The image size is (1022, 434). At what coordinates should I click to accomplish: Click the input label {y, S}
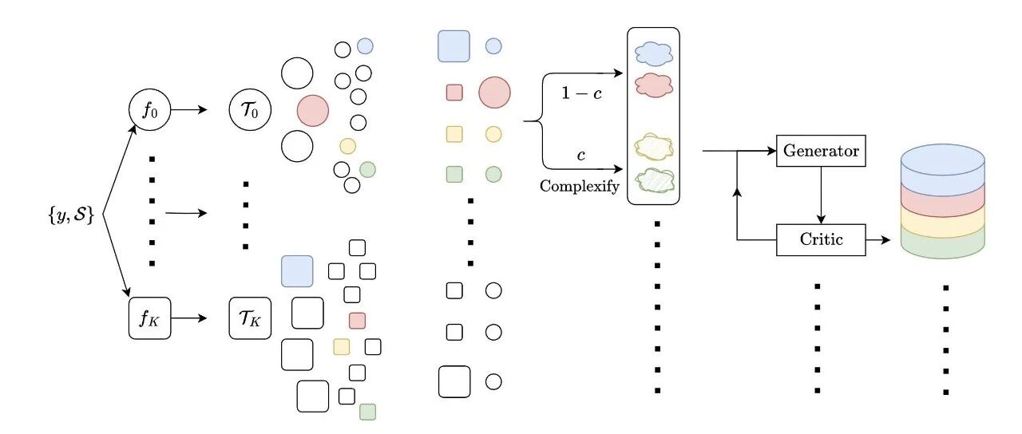pyautogui.click(x=71, y=214)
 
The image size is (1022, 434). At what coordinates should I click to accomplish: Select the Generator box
pyautogui.click(x=821, y=151)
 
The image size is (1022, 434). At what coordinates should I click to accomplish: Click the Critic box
pyautogui.click(x=821, y=240)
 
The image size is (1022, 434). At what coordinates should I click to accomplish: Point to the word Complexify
pyautogui.click(x=580, y=187)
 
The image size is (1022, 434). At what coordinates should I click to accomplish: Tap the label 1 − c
pyautogui.click(x=581, y=93)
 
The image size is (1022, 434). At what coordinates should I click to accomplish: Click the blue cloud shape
pyautogui.click(x=654, y=53)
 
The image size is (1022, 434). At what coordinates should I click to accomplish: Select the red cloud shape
pyautogui.click(x=654, y=85)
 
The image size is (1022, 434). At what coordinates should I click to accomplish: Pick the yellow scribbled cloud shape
pyautogui.click(x=654, y=147)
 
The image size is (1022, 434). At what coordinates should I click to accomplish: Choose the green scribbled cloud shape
pyautogui.click(x=655, y=180)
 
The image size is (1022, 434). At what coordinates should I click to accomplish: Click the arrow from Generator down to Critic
pyautogui.click(x=821, y=195)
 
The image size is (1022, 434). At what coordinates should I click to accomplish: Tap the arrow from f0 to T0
pyautogui.click(x=189, y=110)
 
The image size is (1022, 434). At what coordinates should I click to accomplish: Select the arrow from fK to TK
pyautogui.click(x=189, y=318)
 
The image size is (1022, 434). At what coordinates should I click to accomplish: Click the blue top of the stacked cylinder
pyautogui.click(x=943, y=160)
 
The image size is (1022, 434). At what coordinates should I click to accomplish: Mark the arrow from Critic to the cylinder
pyautogui.click(x=877, y=240)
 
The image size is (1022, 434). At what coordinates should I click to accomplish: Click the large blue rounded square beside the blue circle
pyautogui.click(x=454, y=46)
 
